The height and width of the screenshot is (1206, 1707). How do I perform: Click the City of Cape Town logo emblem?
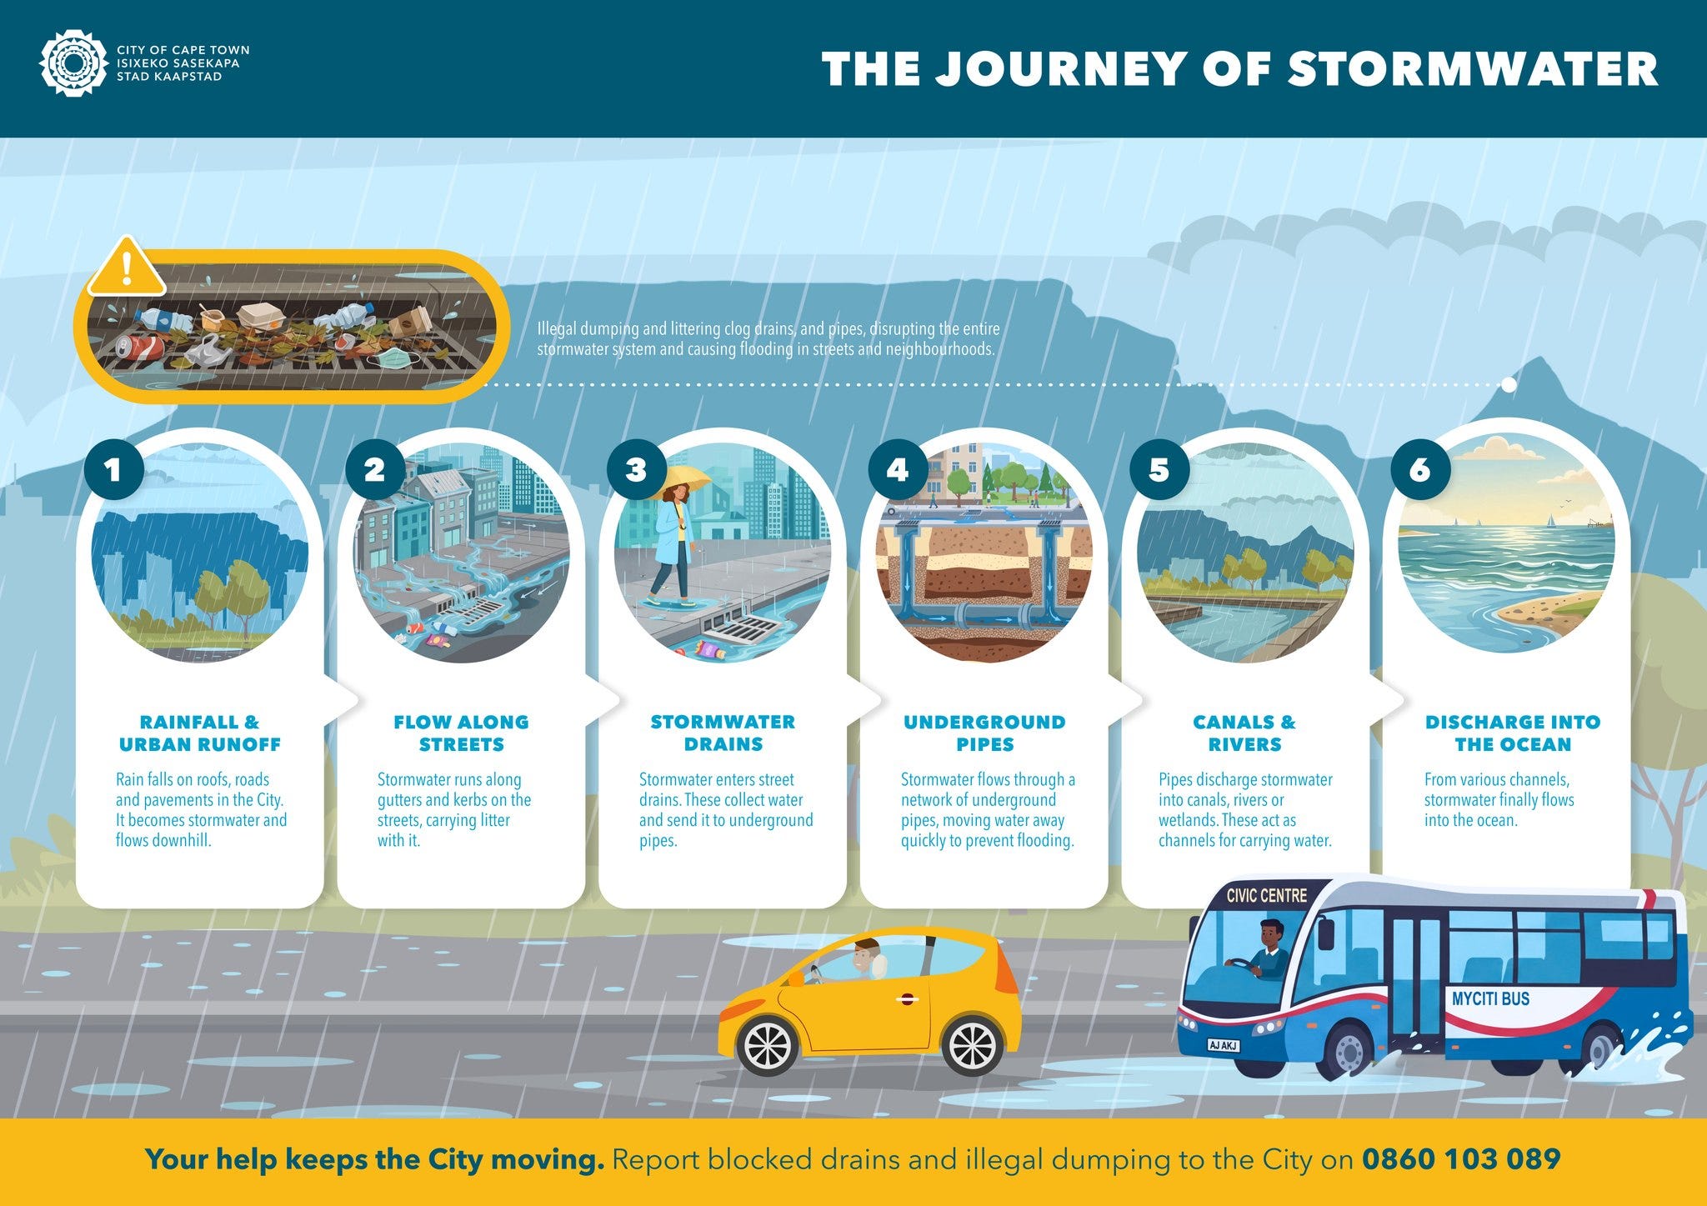73,63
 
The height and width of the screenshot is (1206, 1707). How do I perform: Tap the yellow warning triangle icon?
127,268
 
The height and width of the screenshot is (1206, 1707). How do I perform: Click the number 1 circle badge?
113,469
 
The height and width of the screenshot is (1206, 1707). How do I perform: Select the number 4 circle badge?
898,469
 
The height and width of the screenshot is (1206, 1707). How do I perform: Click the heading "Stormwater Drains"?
723,733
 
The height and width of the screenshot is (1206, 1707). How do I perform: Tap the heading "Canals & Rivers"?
1244,733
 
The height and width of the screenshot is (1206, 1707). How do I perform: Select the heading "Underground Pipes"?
984,733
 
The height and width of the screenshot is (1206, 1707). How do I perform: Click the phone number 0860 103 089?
1461,1158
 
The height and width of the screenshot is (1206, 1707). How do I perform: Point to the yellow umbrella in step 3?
686,481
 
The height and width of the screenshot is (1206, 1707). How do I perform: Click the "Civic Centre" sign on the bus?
1267,896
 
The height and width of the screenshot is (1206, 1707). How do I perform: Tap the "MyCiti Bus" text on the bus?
1490,998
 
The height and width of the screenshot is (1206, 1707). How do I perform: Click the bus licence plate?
1224,1045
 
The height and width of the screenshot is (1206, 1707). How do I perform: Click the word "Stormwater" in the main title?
1473,68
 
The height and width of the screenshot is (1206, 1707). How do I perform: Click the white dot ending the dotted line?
1509,385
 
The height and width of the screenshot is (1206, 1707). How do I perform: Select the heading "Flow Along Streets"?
461,733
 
